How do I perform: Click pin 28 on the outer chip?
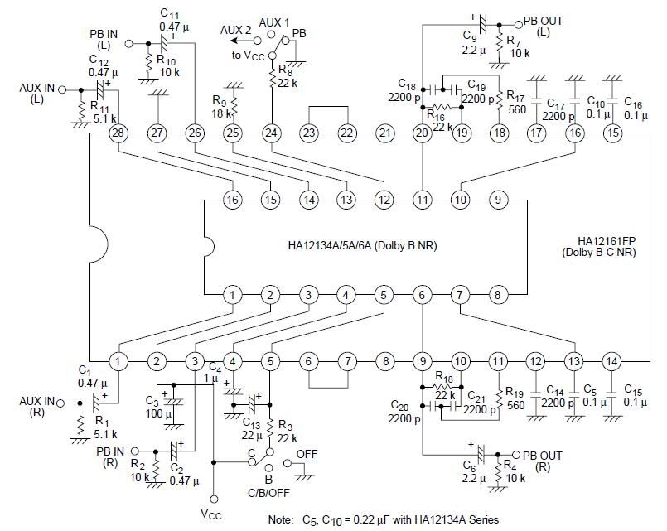click(x=118, y=133)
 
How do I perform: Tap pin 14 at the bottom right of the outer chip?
click(x=611, y=361)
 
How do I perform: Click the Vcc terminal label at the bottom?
click(x=213, y=514)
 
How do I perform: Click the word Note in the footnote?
click(x=283, y=519)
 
